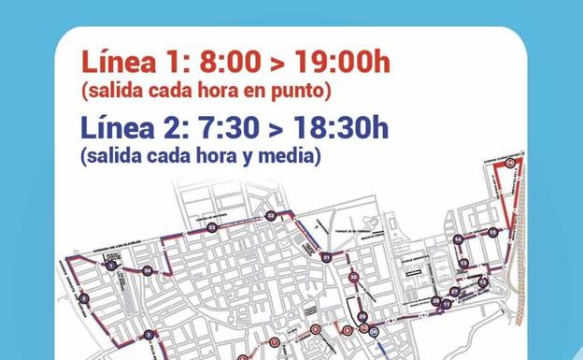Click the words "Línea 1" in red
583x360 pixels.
tap(133, 64)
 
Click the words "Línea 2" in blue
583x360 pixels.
tap(133, 127)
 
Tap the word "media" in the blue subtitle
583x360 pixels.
tap(294, 155)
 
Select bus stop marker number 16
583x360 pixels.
tap(510, 164)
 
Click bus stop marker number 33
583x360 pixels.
tap(212, 227)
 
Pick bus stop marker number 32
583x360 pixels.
tap(270, 216)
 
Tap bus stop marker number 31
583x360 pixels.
tap(325, 257)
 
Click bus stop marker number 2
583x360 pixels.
tap(83, 299)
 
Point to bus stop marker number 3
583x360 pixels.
tap(149, 335)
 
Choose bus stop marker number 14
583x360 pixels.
tap(458, 240)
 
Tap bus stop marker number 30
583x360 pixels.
tap(353, 278)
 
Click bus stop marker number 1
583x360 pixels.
tap(111, 266)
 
